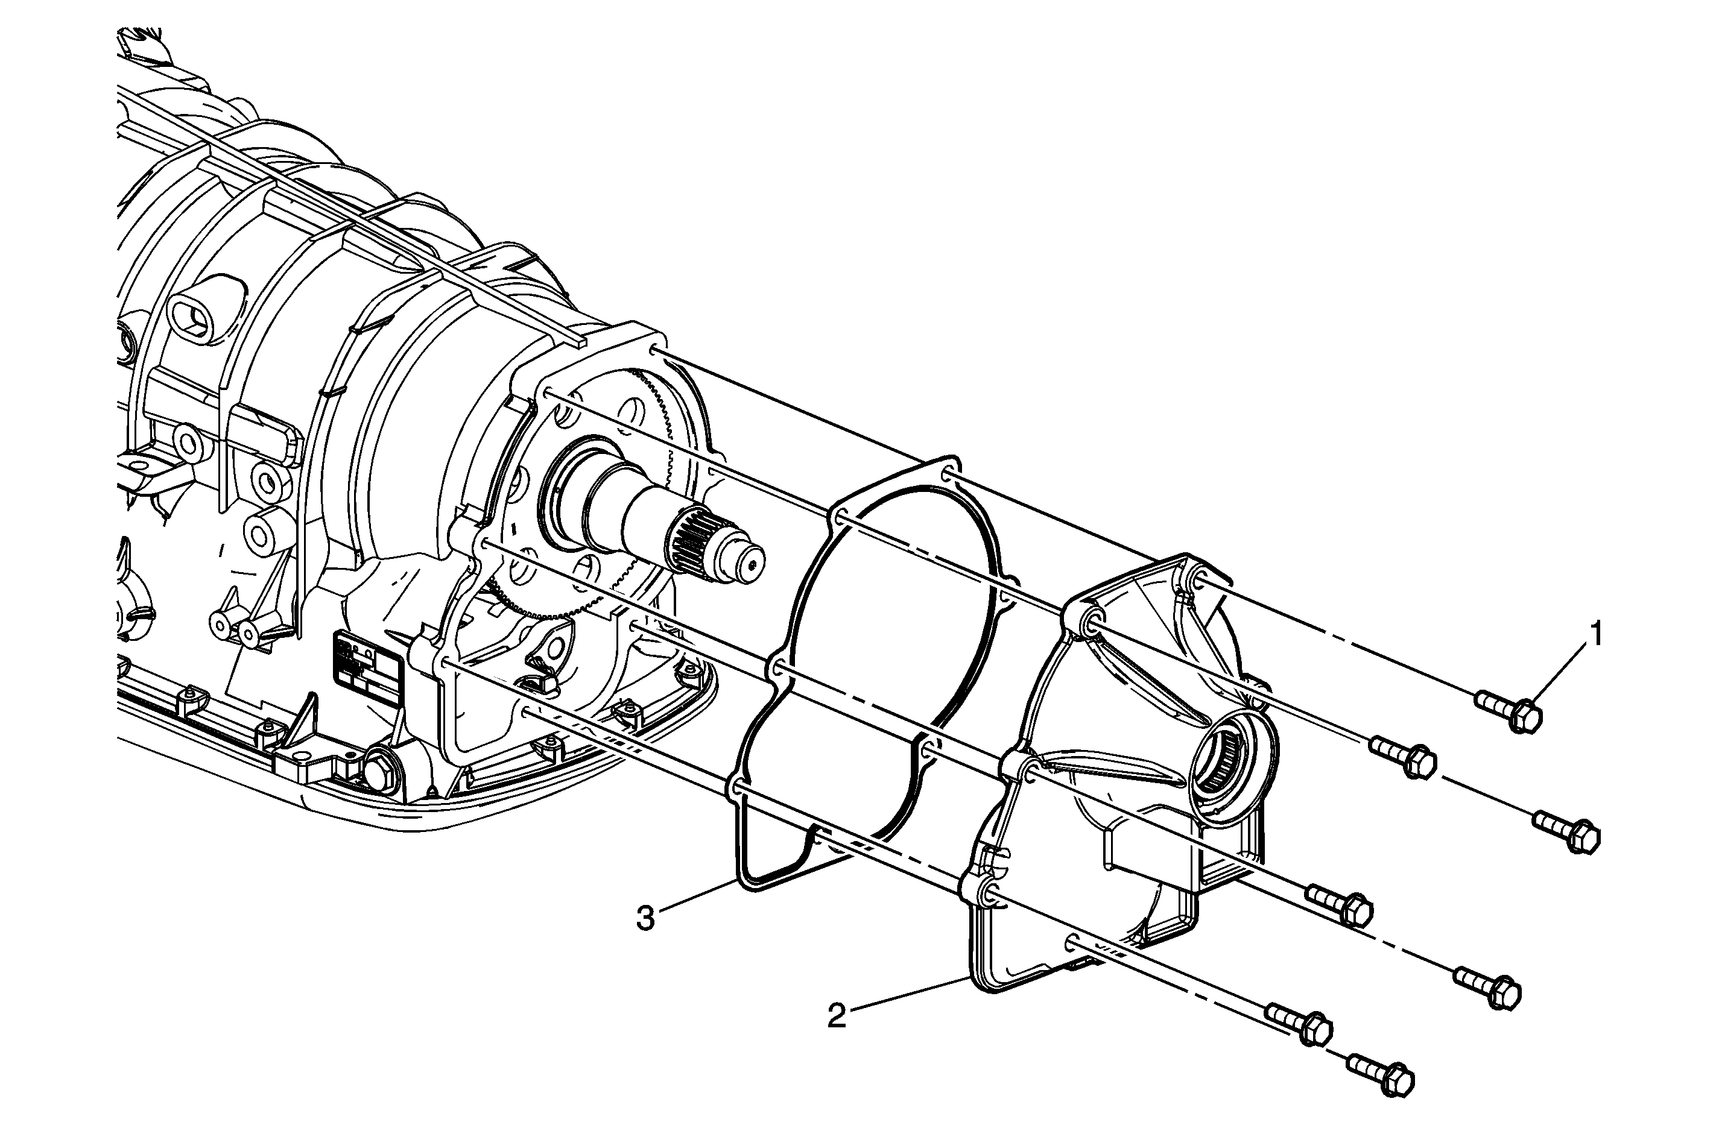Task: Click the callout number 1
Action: [1597, 635]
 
